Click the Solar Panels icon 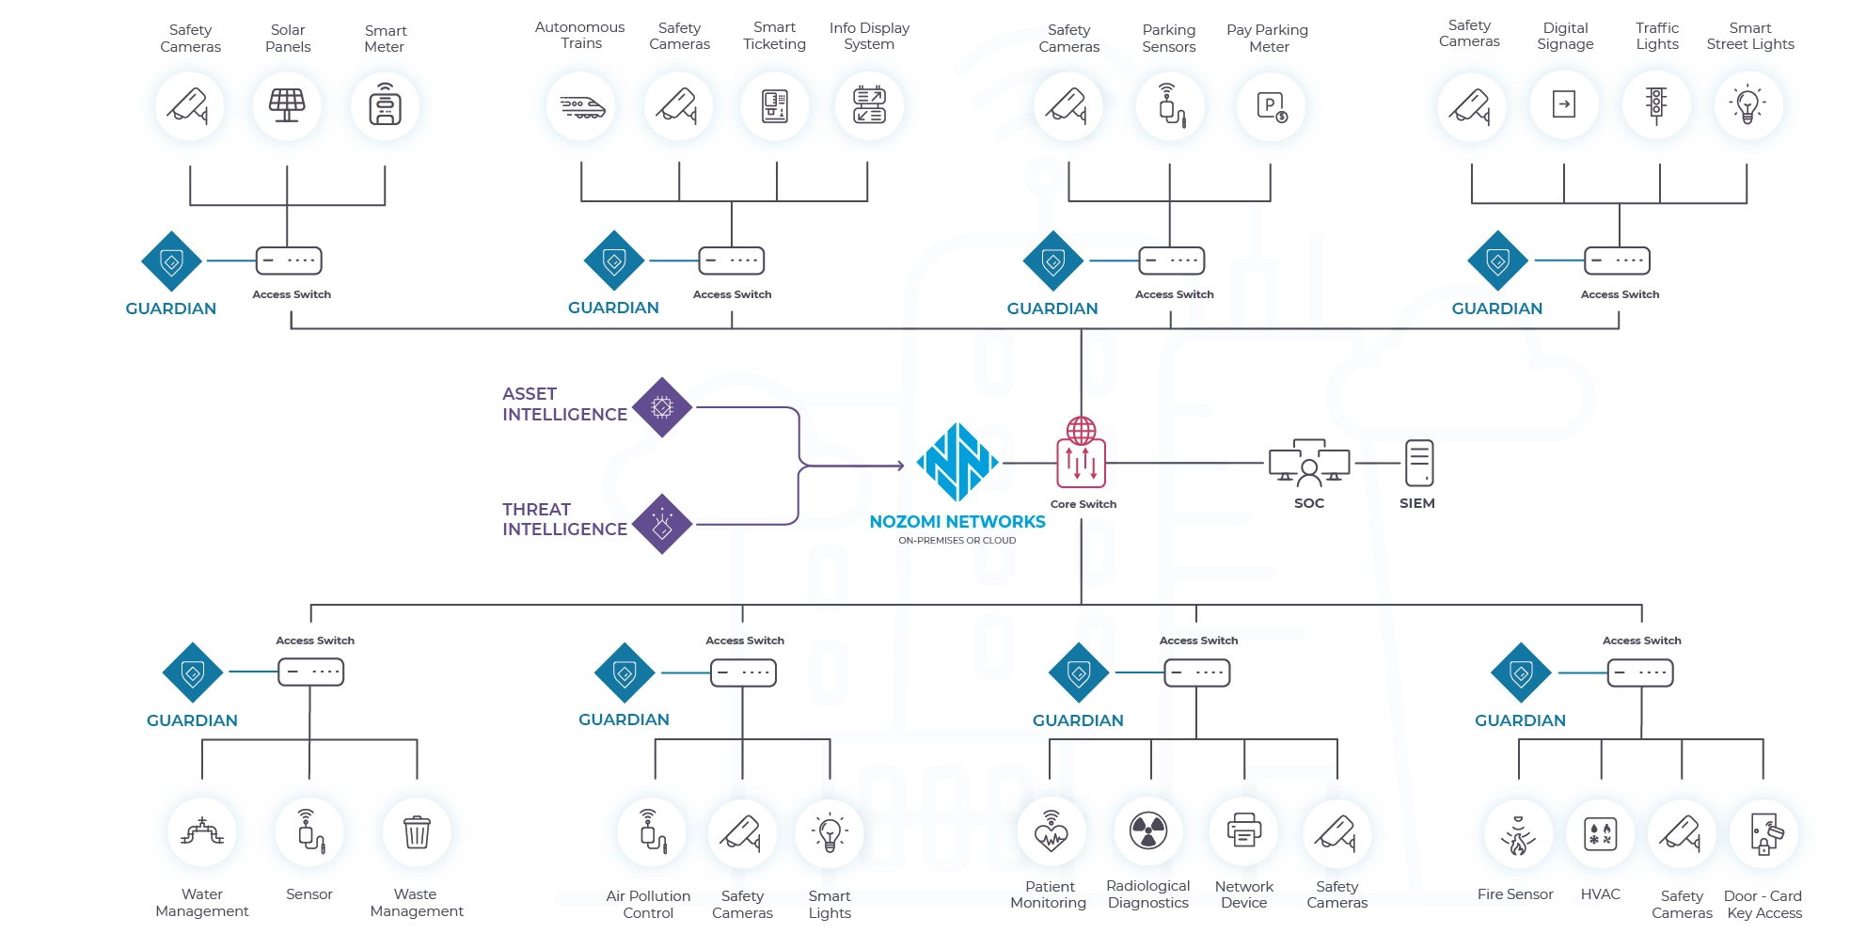point(287,105)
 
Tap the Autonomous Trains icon point(581,106)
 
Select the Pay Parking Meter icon point(1271,106)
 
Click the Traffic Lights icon point(1656,104)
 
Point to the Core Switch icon point(1081,454)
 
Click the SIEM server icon point(1418,463)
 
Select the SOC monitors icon point(1308,463)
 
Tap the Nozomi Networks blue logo point(957,462)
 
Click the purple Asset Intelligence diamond point(662,407)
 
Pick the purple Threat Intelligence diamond point(662,524)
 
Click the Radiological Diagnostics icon point(1148,831)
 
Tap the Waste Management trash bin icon point(417,832)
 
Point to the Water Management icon point(202,832)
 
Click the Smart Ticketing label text point(774,36)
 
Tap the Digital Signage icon point(1564,104)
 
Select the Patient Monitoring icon point(1051,831)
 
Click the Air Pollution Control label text point(648,905)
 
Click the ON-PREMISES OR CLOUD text point(957,541)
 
